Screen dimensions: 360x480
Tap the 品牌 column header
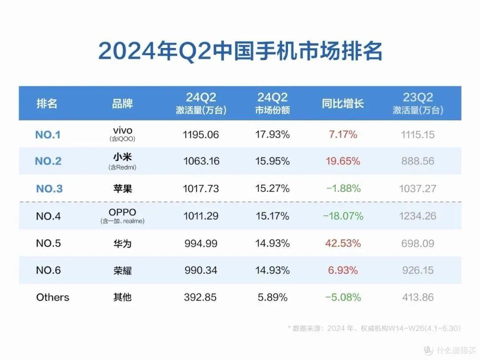[122, 104]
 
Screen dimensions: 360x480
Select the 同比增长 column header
[343, 104]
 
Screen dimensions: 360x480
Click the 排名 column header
[47, 104]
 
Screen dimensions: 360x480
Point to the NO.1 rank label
[48, 135]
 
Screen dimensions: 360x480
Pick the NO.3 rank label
[49, 189]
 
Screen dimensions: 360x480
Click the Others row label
[52, 297]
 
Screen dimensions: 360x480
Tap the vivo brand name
[122, 130]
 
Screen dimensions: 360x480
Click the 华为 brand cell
[122, 244]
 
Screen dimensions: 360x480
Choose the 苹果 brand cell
[122, 189]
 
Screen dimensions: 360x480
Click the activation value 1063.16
[201, 161]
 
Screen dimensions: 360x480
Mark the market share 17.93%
[272, 134]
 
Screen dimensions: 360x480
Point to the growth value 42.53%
[343, 244]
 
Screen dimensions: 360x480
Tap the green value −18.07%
[343, 216]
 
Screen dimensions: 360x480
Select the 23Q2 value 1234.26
[417, 216]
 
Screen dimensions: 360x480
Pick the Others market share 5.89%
[272, 297]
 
